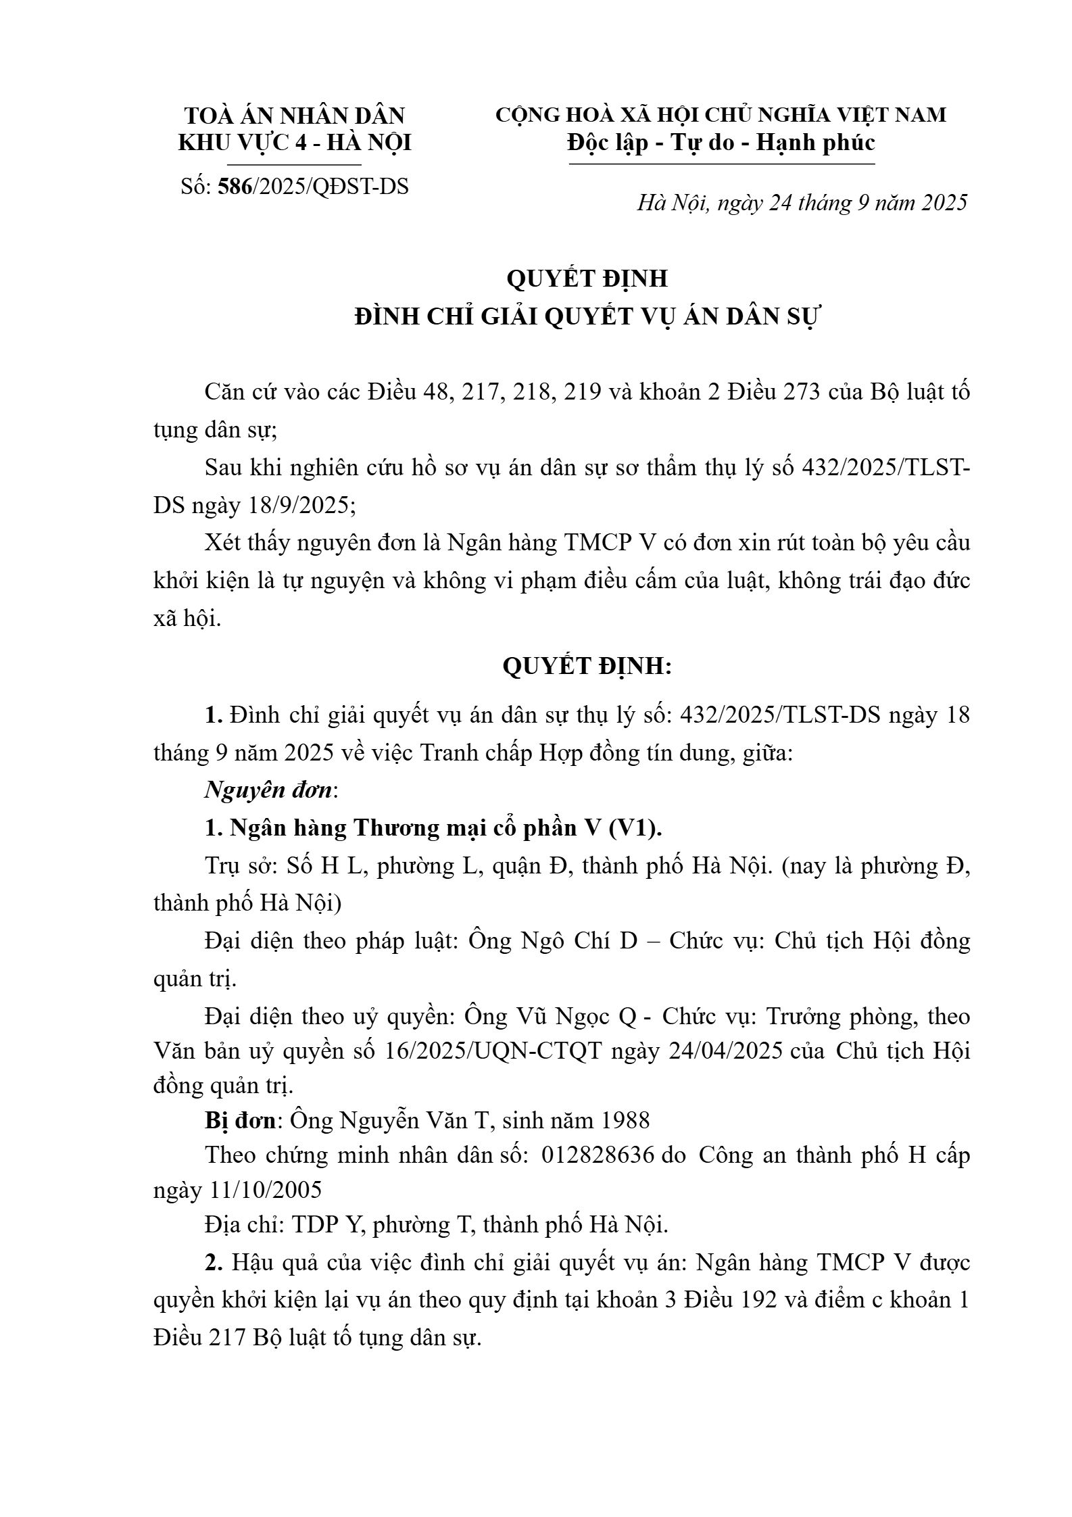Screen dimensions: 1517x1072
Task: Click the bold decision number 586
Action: click(x=235, y=186)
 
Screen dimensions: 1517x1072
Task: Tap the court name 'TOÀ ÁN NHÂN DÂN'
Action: click(x=294, y=116)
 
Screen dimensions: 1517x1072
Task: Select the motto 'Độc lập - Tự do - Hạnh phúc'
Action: click(x=721, y=143)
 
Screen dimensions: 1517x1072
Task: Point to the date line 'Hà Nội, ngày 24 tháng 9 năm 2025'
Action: click(x=802, y=202)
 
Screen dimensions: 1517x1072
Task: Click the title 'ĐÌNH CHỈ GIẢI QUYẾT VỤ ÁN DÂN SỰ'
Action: click(x=587, y=316)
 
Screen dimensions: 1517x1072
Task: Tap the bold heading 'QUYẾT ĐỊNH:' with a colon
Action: click(x=587, y=667)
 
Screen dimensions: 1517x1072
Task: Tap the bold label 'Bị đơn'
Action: click(x=240, y=1120)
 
